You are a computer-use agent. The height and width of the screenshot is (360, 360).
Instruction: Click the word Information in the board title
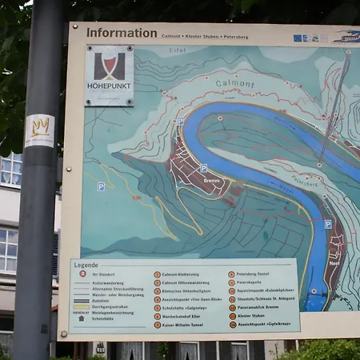tap(122, 33)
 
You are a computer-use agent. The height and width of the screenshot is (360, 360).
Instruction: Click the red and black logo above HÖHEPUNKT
tap(110, 66)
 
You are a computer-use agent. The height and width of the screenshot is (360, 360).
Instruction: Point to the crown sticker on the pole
tap(40, 126)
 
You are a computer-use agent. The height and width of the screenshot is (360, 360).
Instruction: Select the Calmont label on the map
tap(234, 83)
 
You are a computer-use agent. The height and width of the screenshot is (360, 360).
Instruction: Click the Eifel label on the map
tap(177, 50)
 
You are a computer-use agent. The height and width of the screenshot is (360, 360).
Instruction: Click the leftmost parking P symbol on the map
tap(101, 186)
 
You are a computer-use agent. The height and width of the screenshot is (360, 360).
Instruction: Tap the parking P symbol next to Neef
tap(328, 225)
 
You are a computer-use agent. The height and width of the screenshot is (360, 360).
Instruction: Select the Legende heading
tap(86, 265)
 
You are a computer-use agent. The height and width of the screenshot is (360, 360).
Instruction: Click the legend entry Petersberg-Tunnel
tap(256, 274)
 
